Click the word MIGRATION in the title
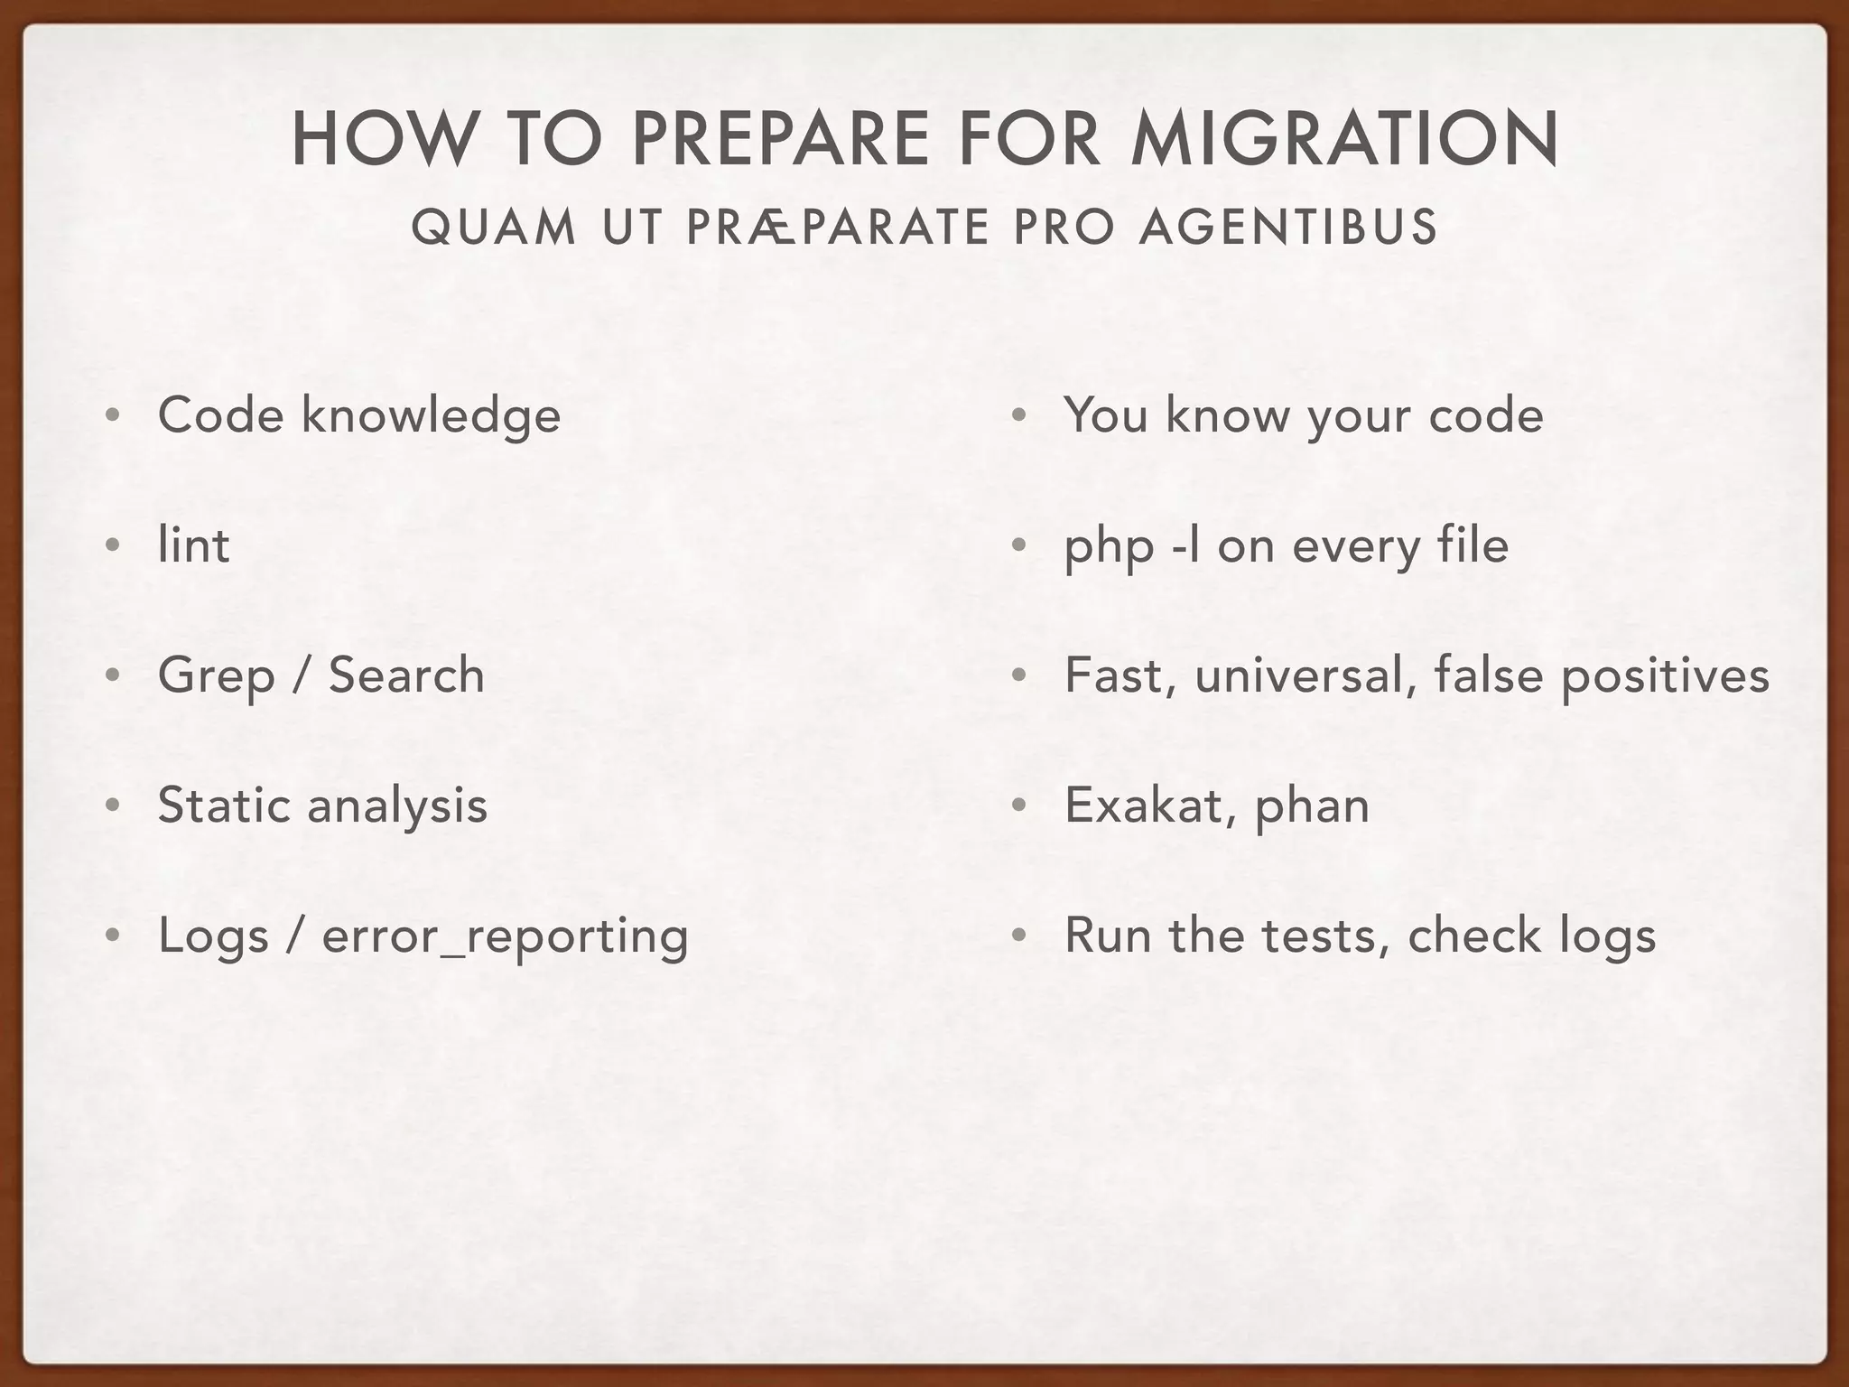tap(1344, 139)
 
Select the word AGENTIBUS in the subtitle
tap(1288, 227)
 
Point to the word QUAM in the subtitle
tap(493, 227)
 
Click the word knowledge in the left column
tap(431, 415)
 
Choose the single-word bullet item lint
tap(193, 545)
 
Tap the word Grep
tap(216, 676)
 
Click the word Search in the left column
tap(406, 675)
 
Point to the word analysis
tap(397, 806)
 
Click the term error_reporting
tap(505, 936)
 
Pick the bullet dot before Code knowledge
tap(112, 416)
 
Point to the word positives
tap(1665, 676)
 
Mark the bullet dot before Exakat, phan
tap(1018, 806)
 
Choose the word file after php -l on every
tap(1472, 545)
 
